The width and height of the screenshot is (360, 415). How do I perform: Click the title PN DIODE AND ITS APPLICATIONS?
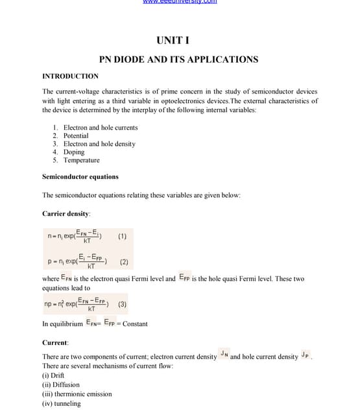coord(178,60)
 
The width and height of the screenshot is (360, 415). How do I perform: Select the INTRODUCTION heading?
coord(70,77)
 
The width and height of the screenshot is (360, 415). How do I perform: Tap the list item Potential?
coord(75,136)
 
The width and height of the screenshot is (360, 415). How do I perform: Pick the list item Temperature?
coord(81,160)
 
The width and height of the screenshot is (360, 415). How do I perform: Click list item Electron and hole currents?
coord(100,128)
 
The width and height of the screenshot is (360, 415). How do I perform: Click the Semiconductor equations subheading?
coord(80,176)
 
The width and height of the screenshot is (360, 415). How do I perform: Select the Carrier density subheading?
coord(66,213)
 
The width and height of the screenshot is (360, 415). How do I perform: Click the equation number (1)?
coord(123,236)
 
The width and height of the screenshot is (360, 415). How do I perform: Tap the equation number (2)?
coord(124,263)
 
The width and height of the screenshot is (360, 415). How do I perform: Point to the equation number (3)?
coord(123,303)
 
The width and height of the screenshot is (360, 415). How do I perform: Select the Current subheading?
coord(56,342)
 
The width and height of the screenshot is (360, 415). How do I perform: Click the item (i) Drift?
coord(53,375)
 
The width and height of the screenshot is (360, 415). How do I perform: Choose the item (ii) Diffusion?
coord(61,385)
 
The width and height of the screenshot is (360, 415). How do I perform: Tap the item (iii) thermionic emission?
coord(77,394)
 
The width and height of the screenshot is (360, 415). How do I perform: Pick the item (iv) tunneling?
coord(62,403)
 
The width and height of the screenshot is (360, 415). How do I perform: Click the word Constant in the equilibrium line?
coord(135,324)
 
